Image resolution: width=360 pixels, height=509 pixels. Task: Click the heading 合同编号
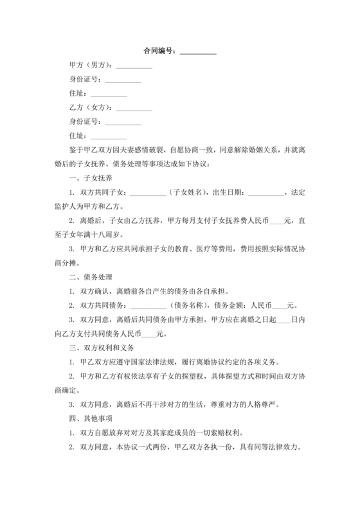(x=158, y=51)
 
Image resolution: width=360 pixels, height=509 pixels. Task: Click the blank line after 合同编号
(x=197, y=51)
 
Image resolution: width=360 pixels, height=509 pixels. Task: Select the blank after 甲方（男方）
(x=134, y=66)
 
